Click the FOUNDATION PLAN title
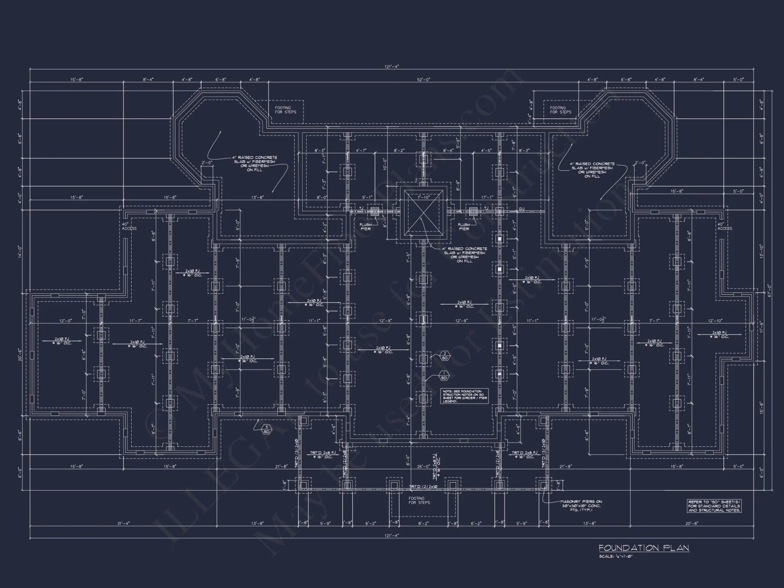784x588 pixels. (x=644, y=548)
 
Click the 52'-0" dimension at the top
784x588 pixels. (x=423, y=80)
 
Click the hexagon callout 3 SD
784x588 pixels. (x=267, y=429)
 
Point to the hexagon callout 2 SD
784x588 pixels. (x=445, y=356)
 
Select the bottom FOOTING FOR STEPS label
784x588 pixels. (x=419, y=501)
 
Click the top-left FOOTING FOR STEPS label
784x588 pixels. (x=285, y=110)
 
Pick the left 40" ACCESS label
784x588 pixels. (x=129, y=227)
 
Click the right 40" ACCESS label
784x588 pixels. (x=724, y=227)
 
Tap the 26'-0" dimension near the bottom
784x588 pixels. (x=423, y=466)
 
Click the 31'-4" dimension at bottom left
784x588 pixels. (x=123, y=523)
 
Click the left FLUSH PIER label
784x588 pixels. (x=365, y=227)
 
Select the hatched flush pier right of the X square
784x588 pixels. (x=474, y=212)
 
